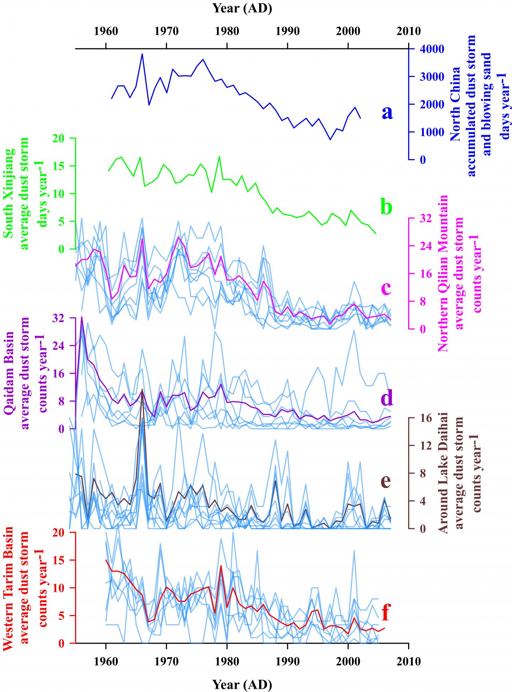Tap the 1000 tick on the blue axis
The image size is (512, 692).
[x=430, y=132]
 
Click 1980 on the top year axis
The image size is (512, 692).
[x=227, y=31]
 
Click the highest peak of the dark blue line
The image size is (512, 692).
[x=142, y=54]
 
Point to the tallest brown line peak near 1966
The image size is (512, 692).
[x=142, y=389]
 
